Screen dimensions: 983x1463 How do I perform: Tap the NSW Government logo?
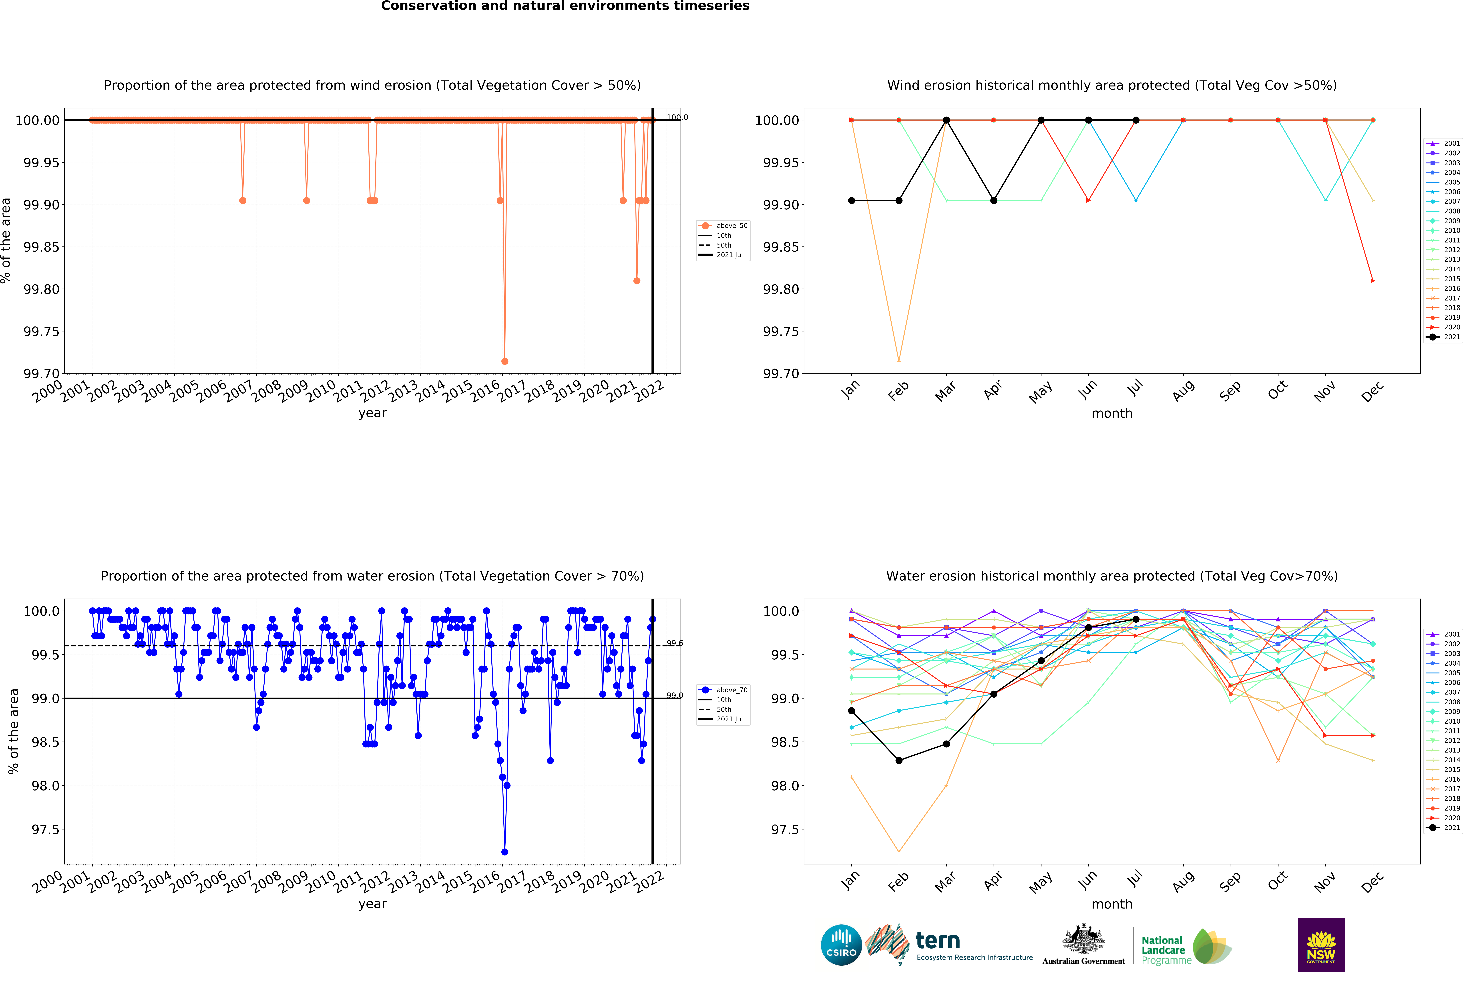1321,945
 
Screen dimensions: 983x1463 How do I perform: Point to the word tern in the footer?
938,940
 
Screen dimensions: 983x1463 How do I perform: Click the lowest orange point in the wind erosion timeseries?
505,361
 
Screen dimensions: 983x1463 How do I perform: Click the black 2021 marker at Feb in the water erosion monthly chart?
899,761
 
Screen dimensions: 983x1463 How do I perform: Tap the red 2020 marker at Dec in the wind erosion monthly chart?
1373,280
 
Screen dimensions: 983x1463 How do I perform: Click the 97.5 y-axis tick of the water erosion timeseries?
45,829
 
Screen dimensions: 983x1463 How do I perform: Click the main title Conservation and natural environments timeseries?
565,6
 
